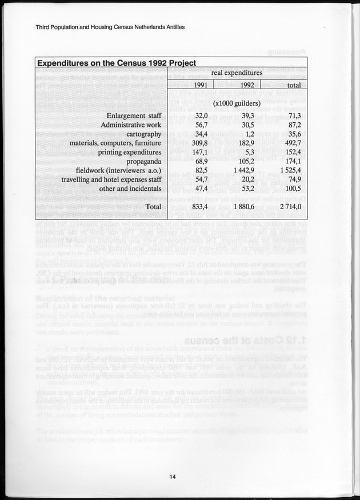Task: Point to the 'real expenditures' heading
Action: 237,73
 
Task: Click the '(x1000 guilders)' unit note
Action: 237,103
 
